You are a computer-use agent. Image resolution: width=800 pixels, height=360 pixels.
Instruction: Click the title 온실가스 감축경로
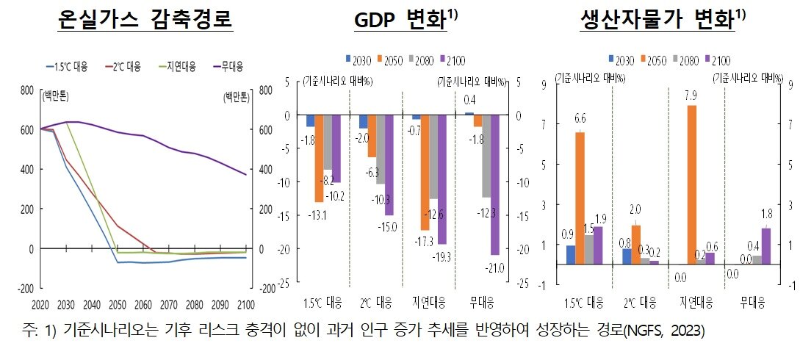pyautogui.click(x=145, y=21)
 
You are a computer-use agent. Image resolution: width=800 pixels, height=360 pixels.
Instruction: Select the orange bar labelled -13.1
pyautogui.click(x=320, y=158)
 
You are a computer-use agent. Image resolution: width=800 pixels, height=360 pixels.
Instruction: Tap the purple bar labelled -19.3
pyautogui.click(x=442, y=179)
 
